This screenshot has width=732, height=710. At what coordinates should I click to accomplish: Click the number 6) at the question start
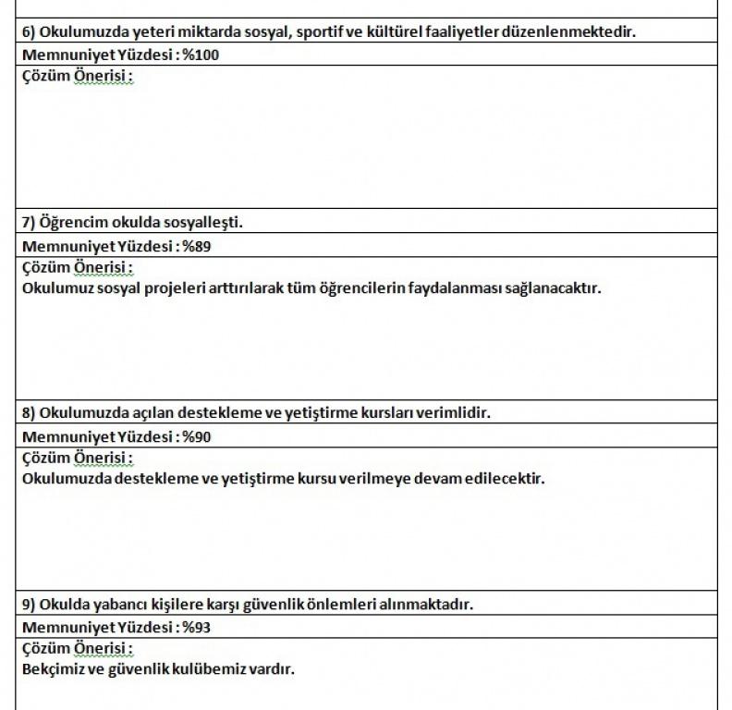tap(29, 31)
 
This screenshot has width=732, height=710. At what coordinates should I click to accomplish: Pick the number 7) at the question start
tap(29, 222)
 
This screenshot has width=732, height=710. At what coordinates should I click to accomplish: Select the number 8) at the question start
tap(29, 413)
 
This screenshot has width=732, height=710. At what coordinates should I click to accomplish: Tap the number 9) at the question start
tap(29, 604)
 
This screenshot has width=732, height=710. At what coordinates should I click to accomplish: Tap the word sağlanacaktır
tap(552, 288)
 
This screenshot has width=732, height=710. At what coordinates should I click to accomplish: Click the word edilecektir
tap(506, 479)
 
